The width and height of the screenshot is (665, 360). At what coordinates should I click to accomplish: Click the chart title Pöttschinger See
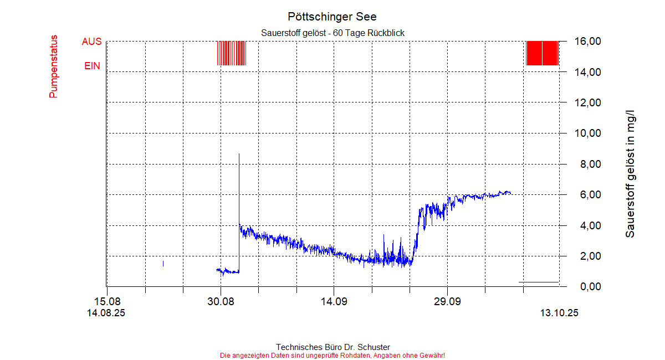pos(332,17)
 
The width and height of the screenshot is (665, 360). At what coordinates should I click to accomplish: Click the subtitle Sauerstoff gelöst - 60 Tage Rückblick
pos(332,33)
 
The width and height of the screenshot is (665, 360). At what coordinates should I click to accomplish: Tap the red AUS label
pos(91,42)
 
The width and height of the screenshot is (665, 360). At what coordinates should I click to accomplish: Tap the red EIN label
pos(92,66)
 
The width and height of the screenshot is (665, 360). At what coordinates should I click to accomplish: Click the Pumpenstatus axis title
pos(53,67)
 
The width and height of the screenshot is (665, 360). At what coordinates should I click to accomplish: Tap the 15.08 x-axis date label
pos(107,302)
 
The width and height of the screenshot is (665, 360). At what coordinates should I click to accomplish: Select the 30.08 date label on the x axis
pos(221,302)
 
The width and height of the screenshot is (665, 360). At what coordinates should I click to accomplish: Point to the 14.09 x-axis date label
pos(334,302)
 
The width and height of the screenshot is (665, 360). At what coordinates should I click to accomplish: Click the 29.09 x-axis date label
pos(447,302)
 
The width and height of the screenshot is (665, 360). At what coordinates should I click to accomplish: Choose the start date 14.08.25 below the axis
pos(106,313)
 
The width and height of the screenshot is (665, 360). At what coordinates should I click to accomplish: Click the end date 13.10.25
pos(559,313)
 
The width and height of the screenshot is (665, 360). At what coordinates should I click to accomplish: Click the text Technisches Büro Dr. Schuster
pos(332,347)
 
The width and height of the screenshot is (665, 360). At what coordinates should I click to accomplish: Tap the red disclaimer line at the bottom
pos(332,355)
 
